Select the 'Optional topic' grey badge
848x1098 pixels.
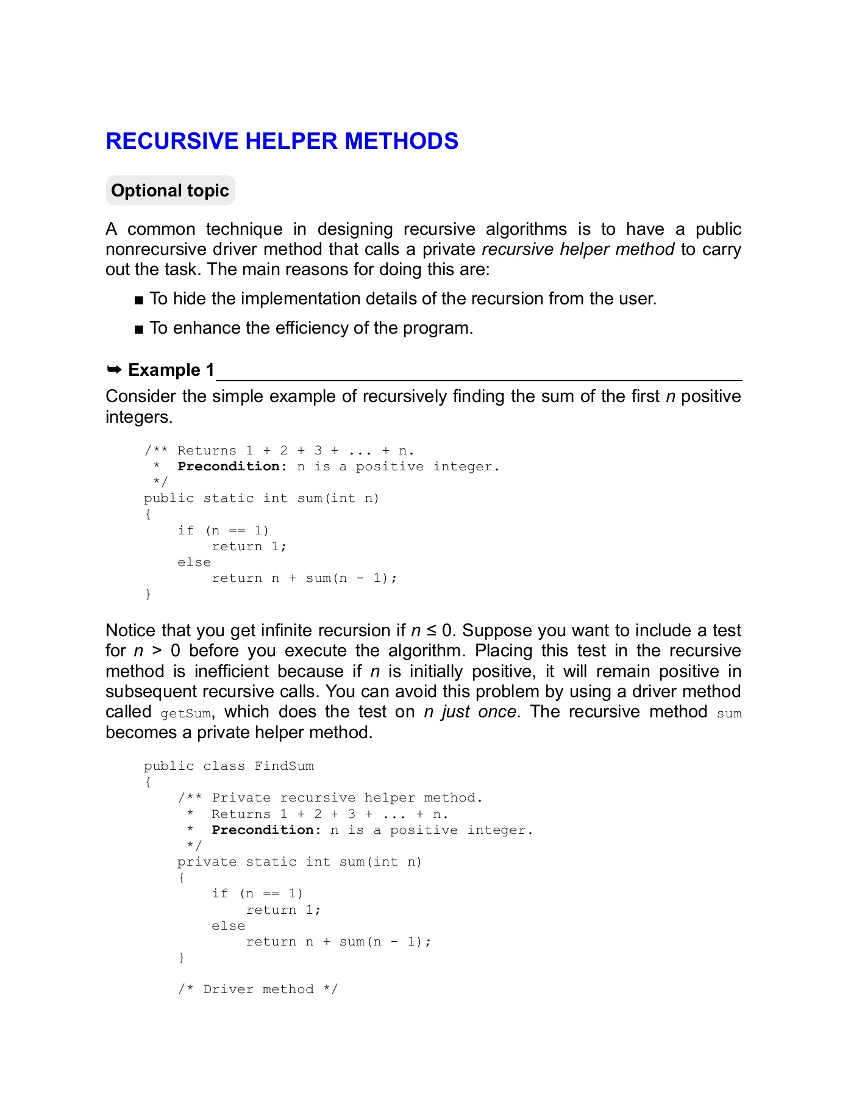pyautogui.click(x=170, y=191)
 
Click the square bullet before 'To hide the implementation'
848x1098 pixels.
pyautogui.click(x=139, y=300)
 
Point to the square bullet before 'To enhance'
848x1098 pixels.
pyautogui.click(x=139, y=329)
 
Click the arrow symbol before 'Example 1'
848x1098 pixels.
pyautogui.click(x=114, y=370)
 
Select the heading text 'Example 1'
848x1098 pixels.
pyautogui.click(x=171, y=370)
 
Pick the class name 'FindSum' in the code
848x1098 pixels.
pyautogui.click(x=284, y=766)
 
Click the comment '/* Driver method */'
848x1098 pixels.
pyautogui.click(x=258, y=989)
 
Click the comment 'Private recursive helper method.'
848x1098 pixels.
pyautogui.click(x=347, y=798)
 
